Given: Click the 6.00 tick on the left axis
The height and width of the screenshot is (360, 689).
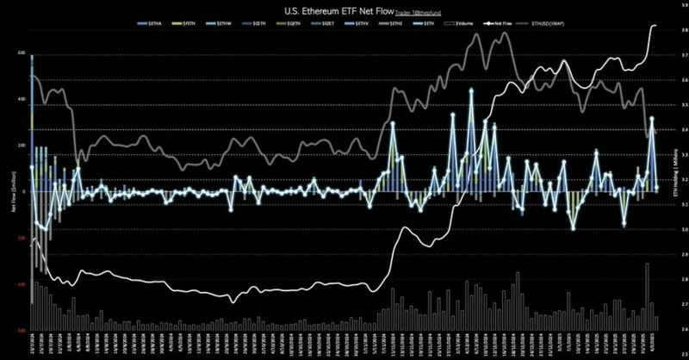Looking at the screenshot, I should click(x=22, y=53).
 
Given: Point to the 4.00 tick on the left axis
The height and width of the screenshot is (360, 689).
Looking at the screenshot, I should click(x=22, y=99).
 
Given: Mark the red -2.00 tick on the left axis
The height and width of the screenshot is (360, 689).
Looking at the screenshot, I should click(x=22, y=238).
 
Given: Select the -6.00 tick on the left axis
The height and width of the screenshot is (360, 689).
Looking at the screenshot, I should click(x=22, y=330).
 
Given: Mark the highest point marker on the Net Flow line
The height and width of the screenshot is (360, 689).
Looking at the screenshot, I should click(x=470, y=90).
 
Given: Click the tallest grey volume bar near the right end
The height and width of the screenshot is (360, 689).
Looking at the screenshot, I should click(x=647, y=295).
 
